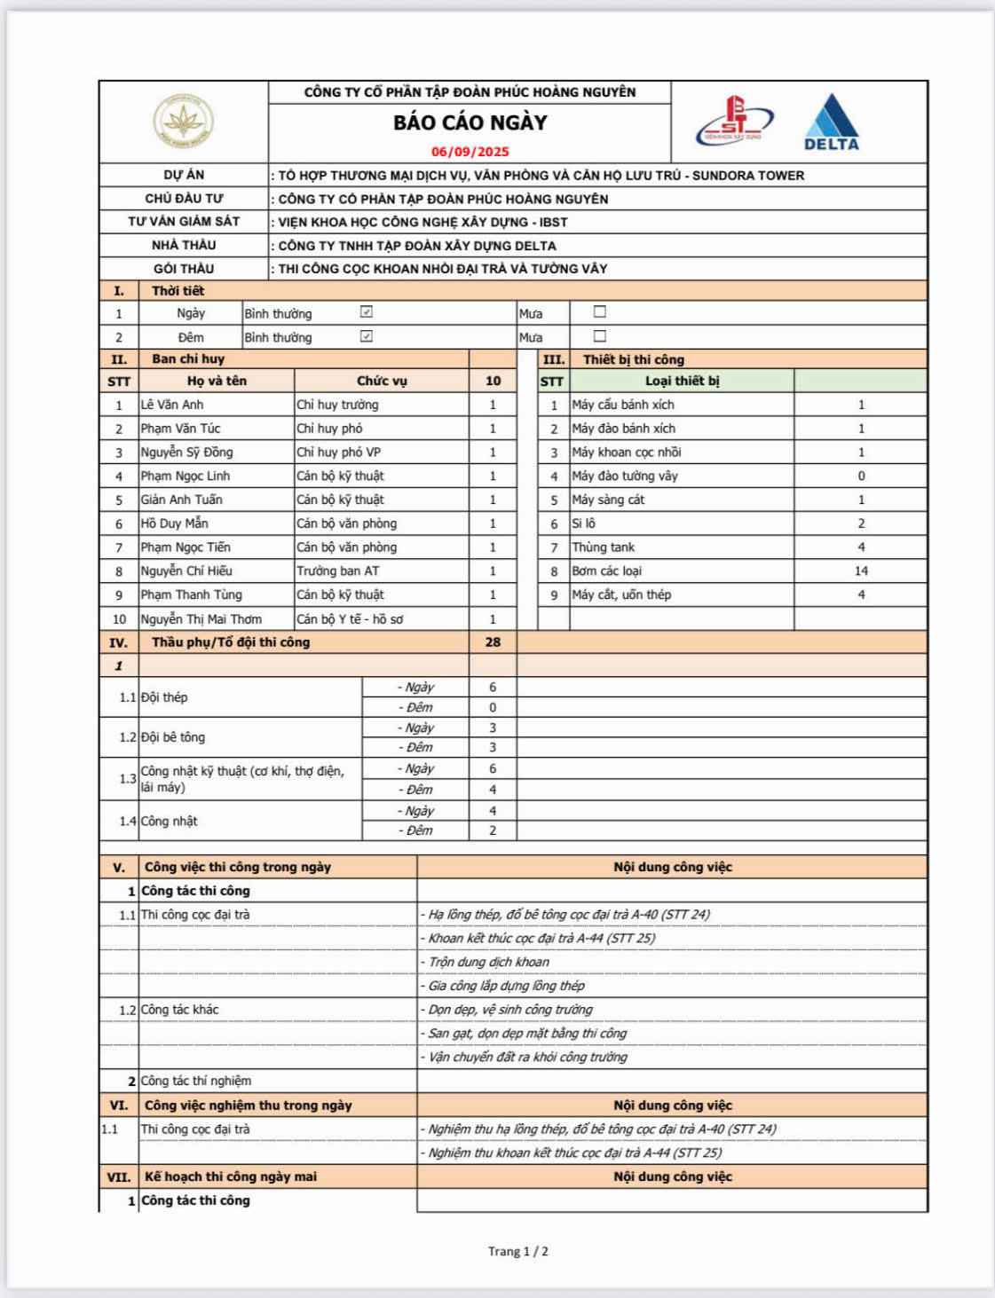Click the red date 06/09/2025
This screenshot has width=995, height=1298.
point(470,152)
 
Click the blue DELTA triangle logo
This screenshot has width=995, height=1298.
point(832,122)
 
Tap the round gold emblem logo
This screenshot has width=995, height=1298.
point(183,122)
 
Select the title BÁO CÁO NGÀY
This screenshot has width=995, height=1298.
point(470,122)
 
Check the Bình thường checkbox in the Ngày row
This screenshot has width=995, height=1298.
point(367,312)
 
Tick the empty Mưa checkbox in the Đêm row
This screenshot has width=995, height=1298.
point(600,336)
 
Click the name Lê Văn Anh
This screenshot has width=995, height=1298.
point(172,405)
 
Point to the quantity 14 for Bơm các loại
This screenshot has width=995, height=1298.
point(861,571)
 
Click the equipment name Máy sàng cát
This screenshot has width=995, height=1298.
point(609,500)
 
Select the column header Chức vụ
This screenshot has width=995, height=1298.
point(382,381)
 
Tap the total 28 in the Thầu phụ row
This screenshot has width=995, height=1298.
point(493,641)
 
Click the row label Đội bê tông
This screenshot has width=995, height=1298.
point(173,737)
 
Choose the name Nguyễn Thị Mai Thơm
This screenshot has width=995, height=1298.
point(201,619)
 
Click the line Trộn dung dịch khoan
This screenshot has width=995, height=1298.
point(489,962)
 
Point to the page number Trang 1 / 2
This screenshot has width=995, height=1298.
point(517,1251)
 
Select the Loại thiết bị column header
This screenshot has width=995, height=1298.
point(682,381)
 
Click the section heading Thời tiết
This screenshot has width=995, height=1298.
point(178,291)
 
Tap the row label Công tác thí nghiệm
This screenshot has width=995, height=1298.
point(196,1081)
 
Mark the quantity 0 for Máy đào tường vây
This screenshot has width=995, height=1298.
point(861,476)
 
